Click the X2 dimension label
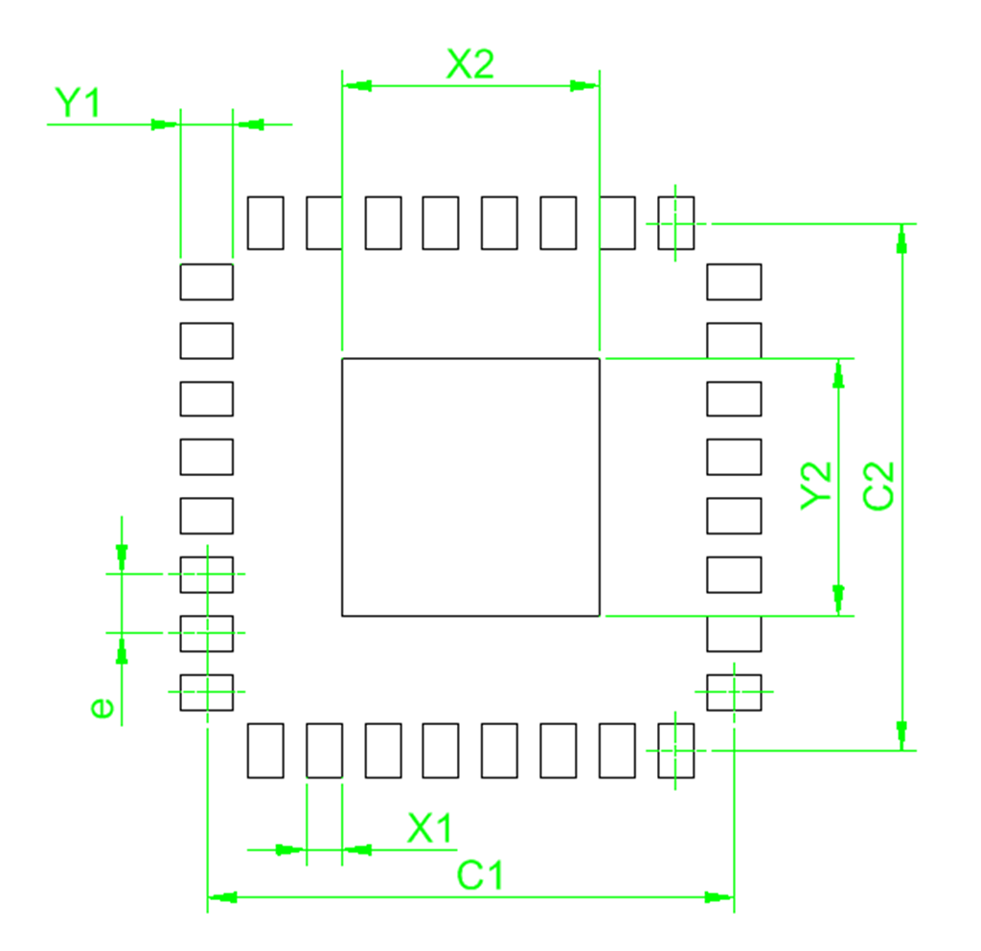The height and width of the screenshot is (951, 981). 470,64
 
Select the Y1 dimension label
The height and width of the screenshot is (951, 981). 77,102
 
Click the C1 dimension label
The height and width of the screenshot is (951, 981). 479,875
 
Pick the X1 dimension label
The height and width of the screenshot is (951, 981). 430,828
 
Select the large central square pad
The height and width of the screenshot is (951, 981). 470,487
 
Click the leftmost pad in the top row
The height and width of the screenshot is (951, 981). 265,222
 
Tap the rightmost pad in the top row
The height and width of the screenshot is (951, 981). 676,222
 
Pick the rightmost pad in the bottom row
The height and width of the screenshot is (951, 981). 676,750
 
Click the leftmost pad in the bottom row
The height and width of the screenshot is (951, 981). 265,750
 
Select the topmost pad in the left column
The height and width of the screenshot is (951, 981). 206,281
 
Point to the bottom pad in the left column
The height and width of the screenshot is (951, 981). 206,692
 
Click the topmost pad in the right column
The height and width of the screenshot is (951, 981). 734,281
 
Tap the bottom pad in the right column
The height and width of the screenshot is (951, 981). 734,692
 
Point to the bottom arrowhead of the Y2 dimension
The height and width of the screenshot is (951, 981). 839,600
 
